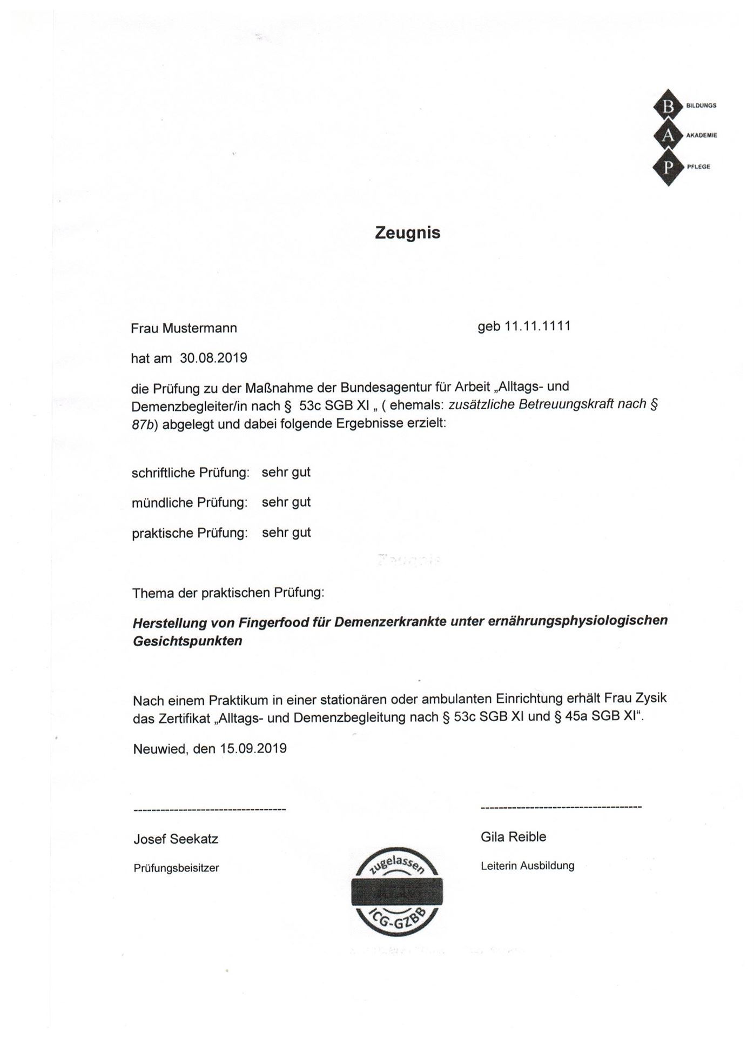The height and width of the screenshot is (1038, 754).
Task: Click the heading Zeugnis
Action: [x=408, y=233]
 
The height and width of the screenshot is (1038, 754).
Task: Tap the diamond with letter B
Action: [x=669, y=107]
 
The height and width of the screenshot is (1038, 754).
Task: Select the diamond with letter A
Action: [x=669, y=136]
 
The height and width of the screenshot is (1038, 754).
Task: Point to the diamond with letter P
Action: [x=669, y=167]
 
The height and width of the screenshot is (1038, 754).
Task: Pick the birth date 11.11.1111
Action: [x=537, y=327]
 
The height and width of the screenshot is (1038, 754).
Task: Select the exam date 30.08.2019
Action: [x=213, y=358]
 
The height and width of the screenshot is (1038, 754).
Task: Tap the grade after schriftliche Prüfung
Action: [x=286, y=472]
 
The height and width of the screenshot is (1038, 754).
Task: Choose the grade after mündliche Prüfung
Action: [x=286, y=502]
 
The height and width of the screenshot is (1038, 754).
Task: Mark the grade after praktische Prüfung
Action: [x=286, y=533]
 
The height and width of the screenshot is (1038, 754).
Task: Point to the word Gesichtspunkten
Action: [x=187, y=642]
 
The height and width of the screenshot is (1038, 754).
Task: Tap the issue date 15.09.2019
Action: [x=253, y=749]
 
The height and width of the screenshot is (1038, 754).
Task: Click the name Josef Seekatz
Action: [x=176, y=839]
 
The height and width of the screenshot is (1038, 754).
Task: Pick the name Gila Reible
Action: [x=513, y=837]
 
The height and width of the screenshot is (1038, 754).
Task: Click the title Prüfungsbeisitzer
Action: [x=176, y=868]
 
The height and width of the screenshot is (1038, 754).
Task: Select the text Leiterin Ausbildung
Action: [x=527, y=866]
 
